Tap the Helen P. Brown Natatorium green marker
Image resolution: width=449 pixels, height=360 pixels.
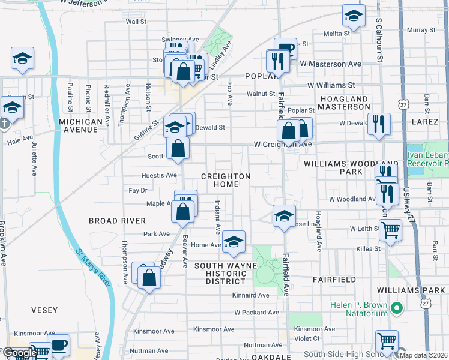click(396, 309)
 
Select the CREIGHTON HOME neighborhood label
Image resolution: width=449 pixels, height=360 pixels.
click(225, 180)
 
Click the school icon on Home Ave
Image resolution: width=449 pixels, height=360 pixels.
click(234, 242)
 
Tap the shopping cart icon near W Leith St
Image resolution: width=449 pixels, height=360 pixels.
click(391, 230)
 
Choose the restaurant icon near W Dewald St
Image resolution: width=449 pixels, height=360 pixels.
click(378, 124)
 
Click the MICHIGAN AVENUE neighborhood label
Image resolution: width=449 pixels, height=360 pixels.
click(81, 125)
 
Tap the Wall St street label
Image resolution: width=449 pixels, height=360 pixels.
click(136, 22)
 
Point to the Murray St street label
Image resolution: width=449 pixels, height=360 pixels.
click(421, 30)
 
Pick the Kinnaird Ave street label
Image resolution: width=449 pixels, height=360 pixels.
click(251, 295)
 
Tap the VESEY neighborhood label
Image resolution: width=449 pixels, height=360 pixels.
click(44, 310)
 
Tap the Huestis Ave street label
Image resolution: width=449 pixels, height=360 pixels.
click(159, 175)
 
